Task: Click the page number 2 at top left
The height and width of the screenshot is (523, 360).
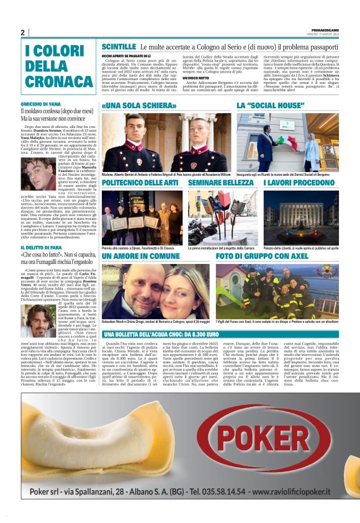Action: (x=23, y=32)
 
